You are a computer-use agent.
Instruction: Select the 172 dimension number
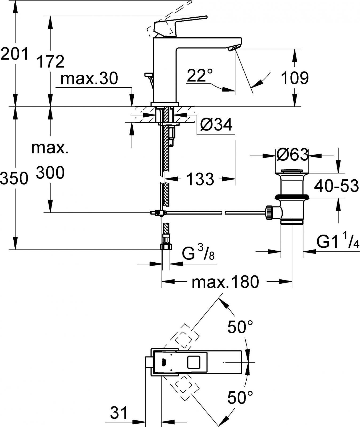click(51, 62)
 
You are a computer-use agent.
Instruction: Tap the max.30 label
click(89, 79)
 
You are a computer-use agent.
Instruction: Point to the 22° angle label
click(200, 76)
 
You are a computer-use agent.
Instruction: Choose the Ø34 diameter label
click(216, 125)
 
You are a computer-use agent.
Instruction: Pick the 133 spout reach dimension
click(200, 179)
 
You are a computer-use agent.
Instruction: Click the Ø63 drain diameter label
click(292, 155)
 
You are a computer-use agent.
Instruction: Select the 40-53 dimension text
click(336, 186)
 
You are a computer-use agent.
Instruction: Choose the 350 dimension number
click(14, 178)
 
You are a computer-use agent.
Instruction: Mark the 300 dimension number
click(50, 173)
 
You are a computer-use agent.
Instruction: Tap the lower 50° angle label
click(240, 397)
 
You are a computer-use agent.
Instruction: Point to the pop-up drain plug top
click(292, 171)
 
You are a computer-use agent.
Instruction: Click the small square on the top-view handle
click(195, 362)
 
